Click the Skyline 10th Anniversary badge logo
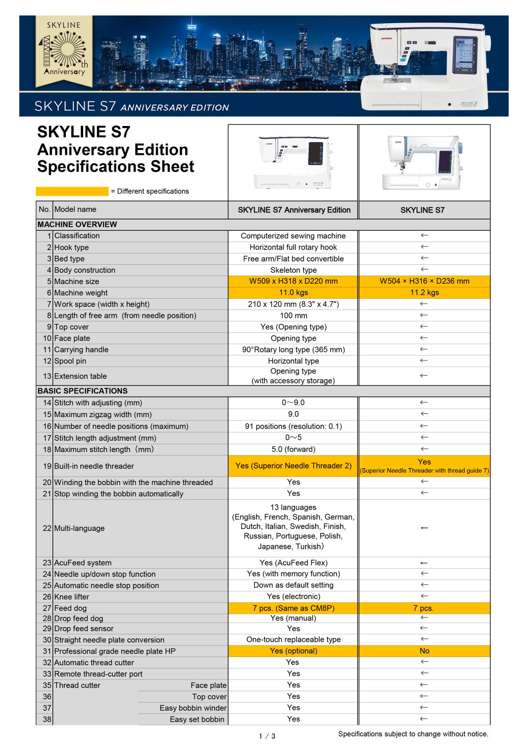(64, 51)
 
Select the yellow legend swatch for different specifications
(72, 191)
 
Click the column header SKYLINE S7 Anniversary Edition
(294, 210)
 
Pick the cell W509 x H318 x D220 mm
(293, 281)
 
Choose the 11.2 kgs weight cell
(424, 293)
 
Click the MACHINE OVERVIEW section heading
(77, 225)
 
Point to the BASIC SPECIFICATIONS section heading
(83, 391)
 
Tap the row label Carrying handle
(81, 350)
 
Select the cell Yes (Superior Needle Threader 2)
(293, 466)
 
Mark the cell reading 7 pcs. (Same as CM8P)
(293, 608)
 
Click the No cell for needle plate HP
(424, 651)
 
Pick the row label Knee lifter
(72, 597)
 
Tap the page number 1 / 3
(267, 736)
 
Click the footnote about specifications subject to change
(413, 734)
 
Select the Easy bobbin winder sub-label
(193, 708)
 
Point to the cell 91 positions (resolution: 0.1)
(293, 427)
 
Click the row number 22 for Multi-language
(47, 528)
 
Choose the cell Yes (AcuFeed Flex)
(293, 563)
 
